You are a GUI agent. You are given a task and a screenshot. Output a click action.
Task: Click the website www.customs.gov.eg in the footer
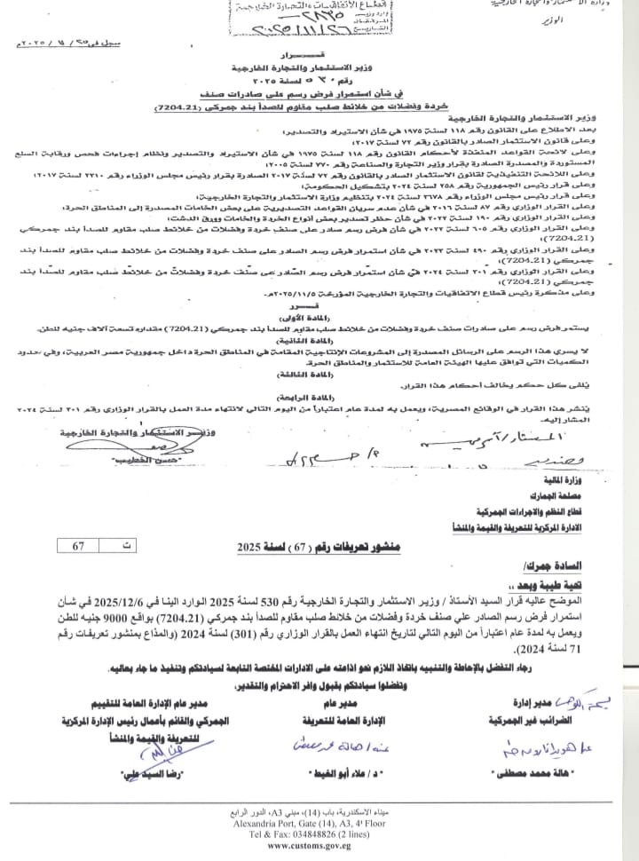click(x=319, y=846)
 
